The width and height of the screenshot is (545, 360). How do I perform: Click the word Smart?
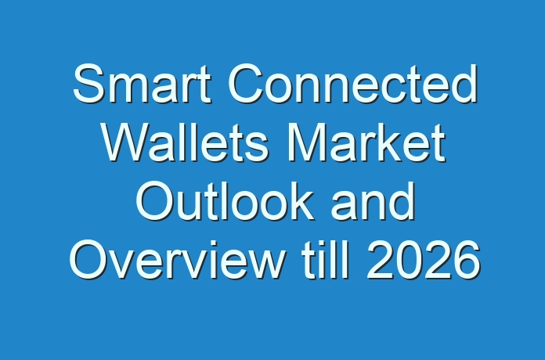point(142,84)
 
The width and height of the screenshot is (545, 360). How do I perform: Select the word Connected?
point(352,84)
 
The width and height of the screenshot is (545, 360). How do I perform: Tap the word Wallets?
point(185,142)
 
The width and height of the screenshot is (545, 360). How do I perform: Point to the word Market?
point(366,142)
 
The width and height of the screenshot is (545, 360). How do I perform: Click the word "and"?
point(373,201)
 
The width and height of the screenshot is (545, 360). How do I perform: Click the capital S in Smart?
point(88,84)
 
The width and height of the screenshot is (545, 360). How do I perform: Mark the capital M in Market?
point(306,142)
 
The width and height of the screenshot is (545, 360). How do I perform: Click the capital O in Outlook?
point(155,201)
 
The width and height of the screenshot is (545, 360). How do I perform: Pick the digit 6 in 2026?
point(467,260)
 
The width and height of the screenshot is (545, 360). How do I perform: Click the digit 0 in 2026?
point(410,260)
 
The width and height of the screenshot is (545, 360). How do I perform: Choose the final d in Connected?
point(464,84)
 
